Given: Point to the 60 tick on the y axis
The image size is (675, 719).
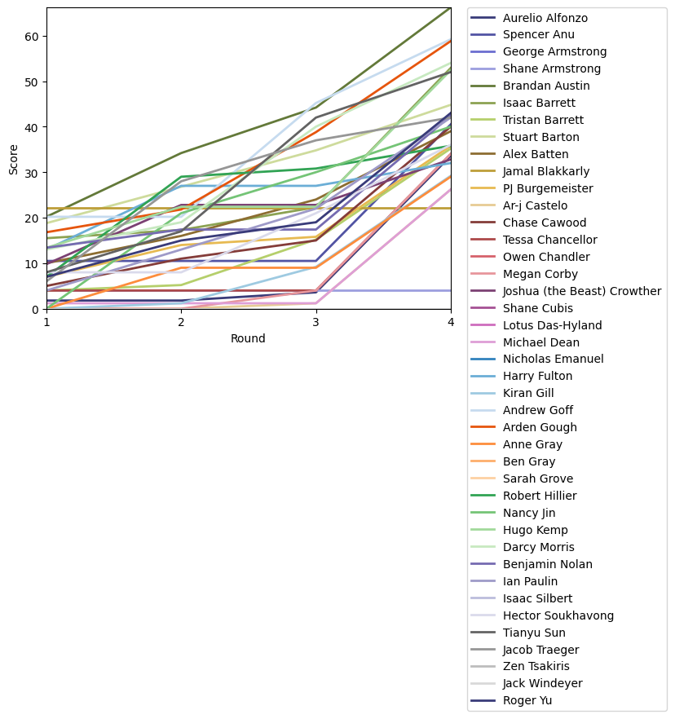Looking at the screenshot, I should click(x=33, y=37).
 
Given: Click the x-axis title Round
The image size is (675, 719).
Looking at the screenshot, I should click(x=249, y=338).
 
